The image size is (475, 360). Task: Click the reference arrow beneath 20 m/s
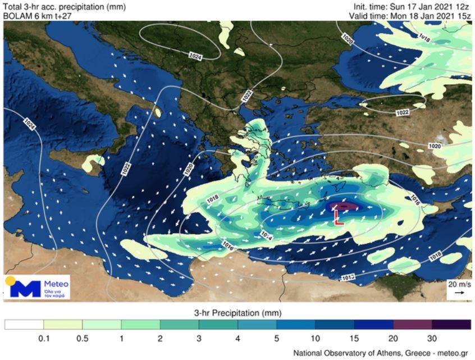click(459, 293)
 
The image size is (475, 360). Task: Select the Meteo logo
click(36, 287)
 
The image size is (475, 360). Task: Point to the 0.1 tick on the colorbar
click(44, 338)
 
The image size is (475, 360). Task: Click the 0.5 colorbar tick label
click(83, 338)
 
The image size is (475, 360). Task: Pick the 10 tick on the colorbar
click(316, 338)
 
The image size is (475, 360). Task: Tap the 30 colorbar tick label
click(432, 338)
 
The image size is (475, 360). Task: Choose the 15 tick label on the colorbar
click(354, 338)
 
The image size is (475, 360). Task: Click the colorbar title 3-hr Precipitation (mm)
click(237, 313)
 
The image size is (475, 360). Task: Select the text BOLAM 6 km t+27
click(37, 16)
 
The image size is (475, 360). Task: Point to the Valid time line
click(409, 16)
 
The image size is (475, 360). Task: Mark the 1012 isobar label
click(348, 277)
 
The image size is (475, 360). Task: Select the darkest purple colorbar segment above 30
click(451, 325)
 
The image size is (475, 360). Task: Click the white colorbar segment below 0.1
click(24, 325)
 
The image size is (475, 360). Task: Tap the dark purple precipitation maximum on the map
click(344, 206)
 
